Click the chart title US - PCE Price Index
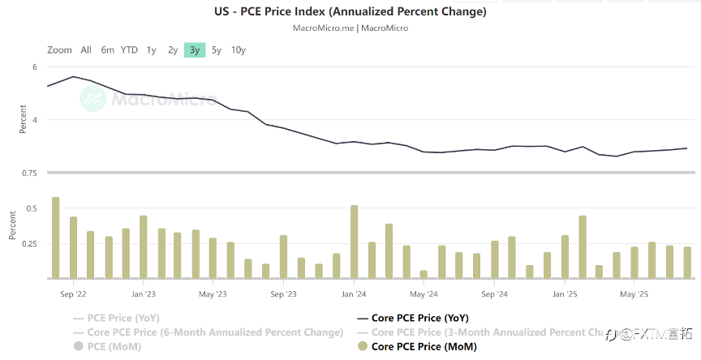click(x=350, y=12)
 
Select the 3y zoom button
click(x=195, y=49)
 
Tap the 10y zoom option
click(x=238, y=49)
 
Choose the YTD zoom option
click(x=129, y=49)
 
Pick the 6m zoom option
click(x=107, y=49)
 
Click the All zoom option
click(x=86, y=49)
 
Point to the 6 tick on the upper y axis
click(x=35, y=67)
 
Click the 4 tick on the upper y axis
click(x=35, y=120)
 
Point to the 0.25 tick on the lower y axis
click(x=29, y=243)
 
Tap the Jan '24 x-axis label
click(x=355, y=294)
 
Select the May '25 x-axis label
click(x=633, y=294)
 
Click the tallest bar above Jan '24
click(x=355, y=242)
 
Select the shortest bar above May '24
click(x=424, y=274)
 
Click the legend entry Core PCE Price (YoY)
click(x=419, y=318)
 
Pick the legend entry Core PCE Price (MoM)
click(x=423, y=347)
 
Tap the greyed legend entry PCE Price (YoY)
click(x=123, y=318)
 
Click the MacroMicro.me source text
click(x=322, y=28)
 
